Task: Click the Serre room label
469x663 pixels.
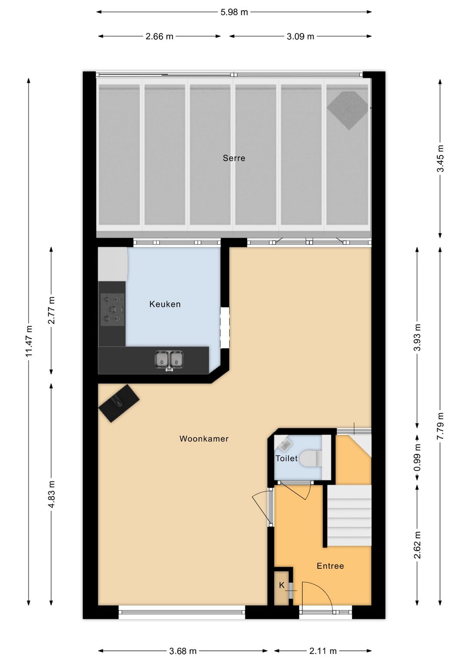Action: [234, 158]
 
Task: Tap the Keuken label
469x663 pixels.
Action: [165, 304]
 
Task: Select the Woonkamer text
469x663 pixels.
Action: [204, 439]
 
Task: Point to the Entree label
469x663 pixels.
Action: [330, 566]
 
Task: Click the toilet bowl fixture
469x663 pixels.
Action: [310, 458]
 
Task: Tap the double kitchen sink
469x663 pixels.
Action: [168, 359]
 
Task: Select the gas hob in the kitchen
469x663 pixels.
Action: [112, 310]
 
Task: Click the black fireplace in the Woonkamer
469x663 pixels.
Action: [119, 403]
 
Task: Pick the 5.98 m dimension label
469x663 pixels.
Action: [234, 12]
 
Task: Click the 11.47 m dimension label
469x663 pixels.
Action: [29, 341]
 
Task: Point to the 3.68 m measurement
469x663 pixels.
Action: [183, 651]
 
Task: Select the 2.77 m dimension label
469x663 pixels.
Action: [52, 310]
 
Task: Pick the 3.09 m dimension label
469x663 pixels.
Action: [301, 36]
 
